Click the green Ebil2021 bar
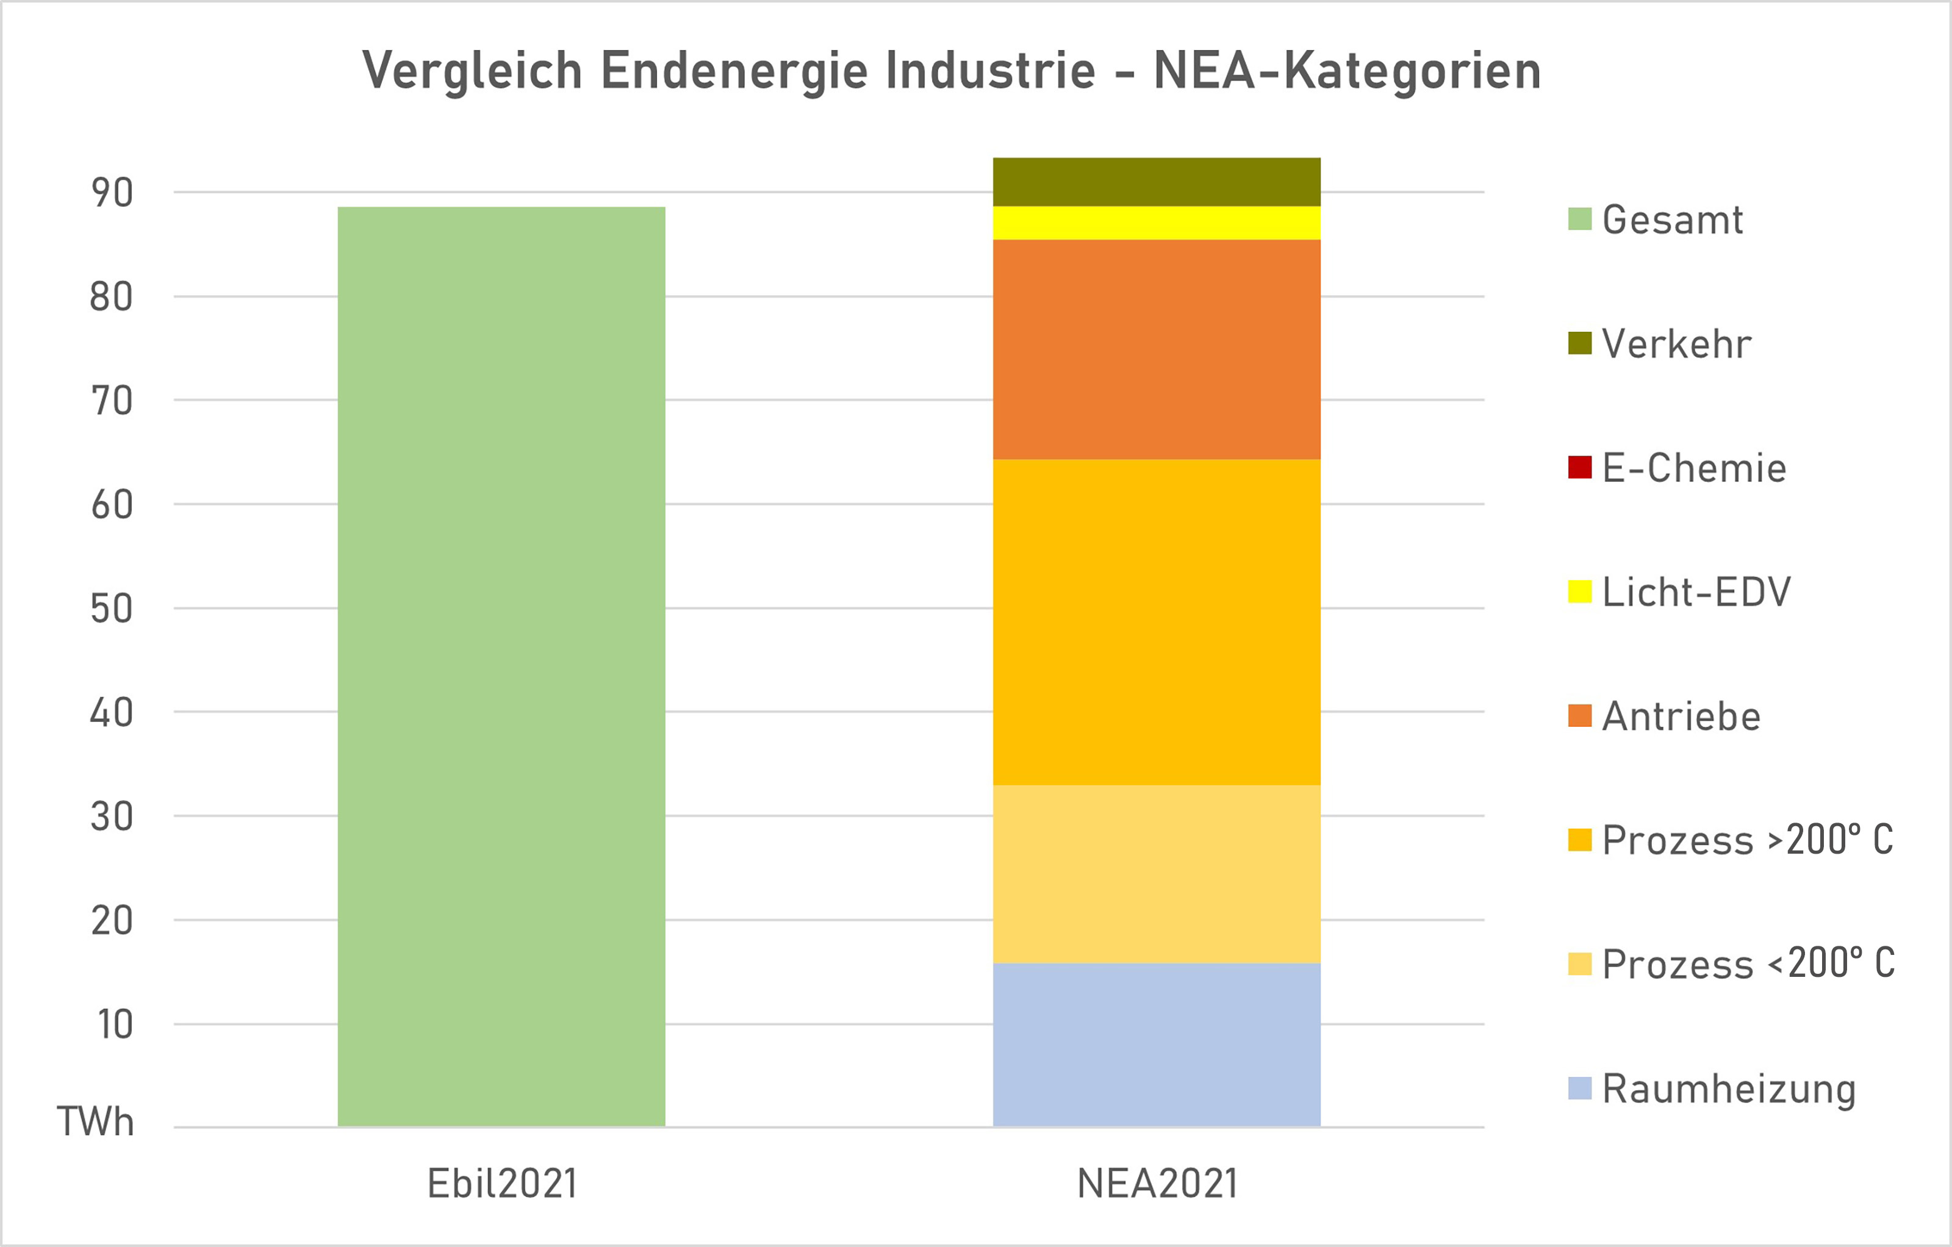[501, 666]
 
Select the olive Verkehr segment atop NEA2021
[1156, 182]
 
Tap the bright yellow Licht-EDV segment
[1156, 223]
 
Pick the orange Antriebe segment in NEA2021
[1156, 349]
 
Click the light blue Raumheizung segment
[1156, 1045]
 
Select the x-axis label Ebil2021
[502, 1184]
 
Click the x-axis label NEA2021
[1157, 1184]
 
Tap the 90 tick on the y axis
[112, 193]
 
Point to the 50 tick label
[112, 609]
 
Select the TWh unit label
[95, 1122]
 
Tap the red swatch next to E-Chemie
[1579, 468]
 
